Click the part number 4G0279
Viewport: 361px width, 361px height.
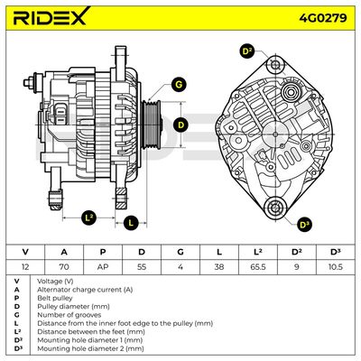pos(323,18)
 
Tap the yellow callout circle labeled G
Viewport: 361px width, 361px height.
pos(179,85)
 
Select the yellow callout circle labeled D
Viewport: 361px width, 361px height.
pos(180,125)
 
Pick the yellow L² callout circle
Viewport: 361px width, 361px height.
pos(88,218)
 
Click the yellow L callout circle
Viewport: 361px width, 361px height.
pos(131,223)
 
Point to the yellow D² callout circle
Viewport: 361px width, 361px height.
pos(247,51)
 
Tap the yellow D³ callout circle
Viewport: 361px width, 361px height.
pos(305,225)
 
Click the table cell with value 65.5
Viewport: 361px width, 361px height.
pos(257,266)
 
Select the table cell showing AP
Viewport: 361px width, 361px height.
pos(103,266)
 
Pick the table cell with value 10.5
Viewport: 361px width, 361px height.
pos(335,266)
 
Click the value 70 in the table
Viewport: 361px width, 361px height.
pos(64,266)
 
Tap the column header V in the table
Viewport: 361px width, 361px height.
pos(25,252)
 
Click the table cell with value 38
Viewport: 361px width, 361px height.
pos(219,266)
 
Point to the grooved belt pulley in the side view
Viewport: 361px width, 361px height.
pos(152,125)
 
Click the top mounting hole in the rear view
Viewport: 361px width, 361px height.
pos(275,65)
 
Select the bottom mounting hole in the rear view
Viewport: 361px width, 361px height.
pos(274,208)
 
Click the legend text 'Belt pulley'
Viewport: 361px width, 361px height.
pos(55,298)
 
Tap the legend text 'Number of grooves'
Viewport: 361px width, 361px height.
pos(69,315)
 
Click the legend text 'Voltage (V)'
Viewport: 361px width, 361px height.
pos(55,282)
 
